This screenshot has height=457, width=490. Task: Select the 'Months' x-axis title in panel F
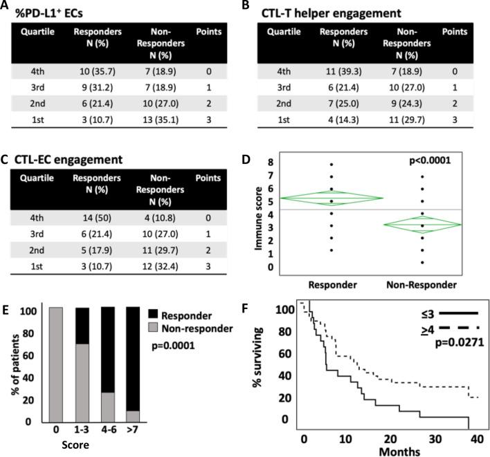(390, 450)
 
